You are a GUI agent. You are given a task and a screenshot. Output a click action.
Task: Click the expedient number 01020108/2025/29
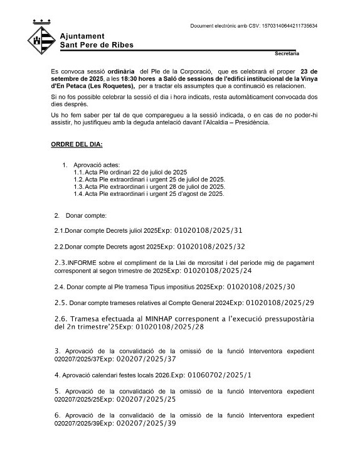(x=280, y=303)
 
